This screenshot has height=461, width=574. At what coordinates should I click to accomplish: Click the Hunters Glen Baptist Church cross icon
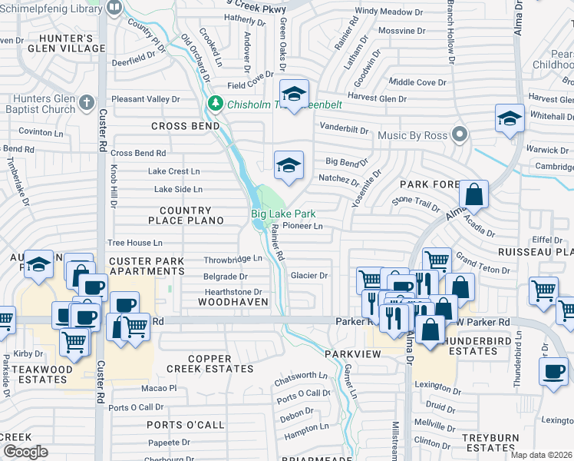pos(87,102)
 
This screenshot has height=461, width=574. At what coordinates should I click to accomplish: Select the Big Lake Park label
pos(283,214)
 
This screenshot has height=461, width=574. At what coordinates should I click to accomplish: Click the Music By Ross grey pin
pos(460,135)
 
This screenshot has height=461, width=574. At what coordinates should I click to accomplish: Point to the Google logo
pos(25,452)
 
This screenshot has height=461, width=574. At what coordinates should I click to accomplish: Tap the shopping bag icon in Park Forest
pos(475,195)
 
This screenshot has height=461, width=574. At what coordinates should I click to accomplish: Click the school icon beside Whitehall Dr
pos(510,118)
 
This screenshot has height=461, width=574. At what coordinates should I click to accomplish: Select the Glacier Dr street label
pos(308,275)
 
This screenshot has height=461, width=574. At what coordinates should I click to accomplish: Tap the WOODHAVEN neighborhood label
pos(233,302)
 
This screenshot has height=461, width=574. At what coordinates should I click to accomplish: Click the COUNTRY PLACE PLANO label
pos(191,215)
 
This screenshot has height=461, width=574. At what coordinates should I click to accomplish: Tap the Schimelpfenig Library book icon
pos(114,8)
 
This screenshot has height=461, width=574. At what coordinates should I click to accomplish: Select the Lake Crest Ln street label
pos(173,171)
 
